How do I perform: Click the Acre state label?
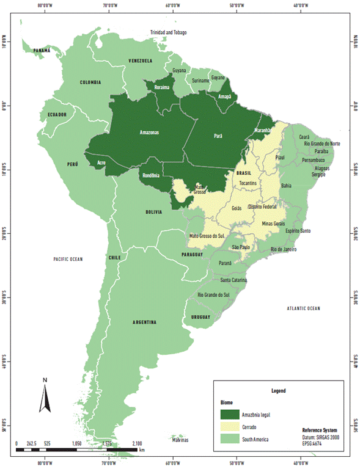103,163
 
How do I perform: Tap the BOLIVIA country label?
153,212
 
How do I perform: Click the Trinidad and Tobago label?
169,32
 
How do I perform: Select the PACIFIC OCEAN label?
67,259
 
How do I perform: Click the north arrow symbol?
45,398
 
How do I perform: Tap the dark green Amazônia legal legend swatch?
230,415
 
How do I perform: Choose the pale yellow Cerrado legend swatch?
230,427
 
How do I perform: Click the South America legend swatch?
230,439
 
